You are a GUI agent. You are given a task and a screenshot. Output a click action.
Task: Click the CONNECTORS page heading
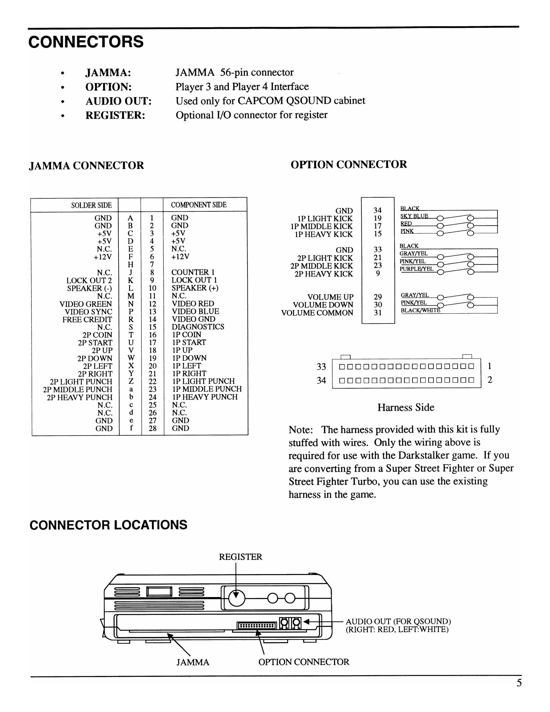(86, 42)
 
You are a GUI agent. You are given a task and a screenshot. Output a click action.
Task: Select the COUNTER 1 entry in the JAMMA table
(193, 272)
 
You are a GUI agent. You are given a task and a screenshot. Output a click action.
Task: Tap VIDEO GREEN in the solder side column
(86, 304)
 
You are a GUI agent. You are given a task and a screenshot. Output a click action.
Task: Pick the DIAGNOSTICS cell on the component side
(198, 327)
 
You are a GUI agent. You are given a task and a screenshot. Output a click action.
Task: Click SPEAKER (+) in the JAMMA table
(195, 288)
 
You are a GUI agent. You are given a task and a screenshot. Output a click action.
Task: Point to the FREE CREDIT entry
(87, 319)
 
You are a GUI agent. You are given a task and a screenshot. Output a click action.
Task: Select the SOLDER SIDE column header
(91, 205)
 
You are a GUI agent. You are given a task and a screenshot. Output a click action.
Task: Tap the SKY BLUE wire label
(414, 216)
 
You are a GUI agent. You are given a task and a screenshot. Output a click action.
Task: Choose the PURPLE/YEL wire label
(416, 269)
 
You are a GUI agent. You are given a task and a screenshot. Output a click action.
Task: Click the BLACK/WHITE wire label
(420, 310)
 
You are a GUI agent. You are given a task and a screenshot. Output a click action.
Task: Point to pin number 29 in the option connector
(378, 297)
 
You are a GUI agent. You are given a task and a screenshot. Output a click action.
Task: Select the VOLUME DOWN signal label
(323, 305)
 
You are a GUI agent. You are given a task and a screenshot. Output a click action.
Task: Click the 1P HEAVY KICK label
(324, 234)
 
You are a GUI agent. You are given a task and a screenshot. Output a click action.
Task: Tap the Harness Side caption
(406, 407)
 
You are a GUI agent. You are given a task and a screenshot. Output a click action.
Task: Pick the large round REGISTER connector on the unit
(237, 599)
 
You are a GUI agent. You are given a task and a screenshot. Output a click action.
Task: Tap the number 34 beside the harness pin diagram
(321, 380)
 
